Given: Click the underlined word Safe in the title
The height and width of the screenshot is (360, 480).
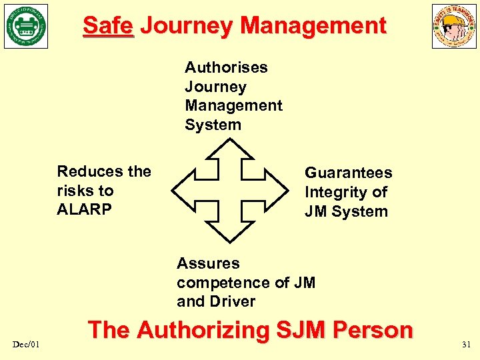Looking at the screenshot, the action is point(108,26).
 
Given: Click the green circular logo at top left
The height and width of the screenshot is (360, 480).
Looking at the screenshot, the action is point(26,27).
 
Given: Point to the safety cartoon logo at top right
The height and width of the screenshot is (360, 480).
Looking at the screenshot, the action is point(454,27).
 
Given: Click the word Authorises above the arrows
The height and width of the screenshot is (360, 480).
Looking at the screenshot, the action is point(226,67).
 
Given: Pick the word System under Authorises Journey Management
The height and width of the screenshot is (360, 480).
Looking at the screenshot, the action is point(213,125).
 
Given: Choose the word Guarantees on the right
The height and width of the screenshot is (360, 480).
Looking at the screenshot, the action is point(348,173).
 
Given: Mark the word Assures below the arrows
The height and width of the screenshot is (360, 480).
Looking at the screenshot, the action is point(208,263).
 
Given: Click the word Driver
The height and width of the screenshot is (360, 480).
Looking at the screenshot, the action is point(232,301).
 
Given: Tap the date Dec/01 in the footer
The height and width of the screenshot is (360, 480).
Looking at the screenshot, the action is point(26,343).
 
